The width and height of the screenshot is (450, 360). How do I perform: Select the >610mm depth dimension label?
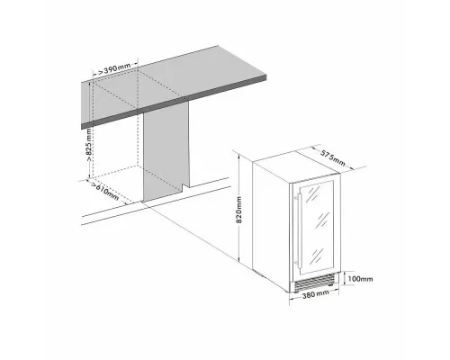tap(106, 189)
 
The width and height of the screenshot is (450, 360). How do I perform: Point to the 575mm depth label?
tap(333, 155)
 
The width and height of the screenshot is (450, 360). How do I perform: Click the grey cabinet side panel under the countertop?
tap(166, 153)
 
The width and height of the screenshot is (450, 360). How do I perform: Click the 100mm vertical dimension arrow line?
tap(346, 278)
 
